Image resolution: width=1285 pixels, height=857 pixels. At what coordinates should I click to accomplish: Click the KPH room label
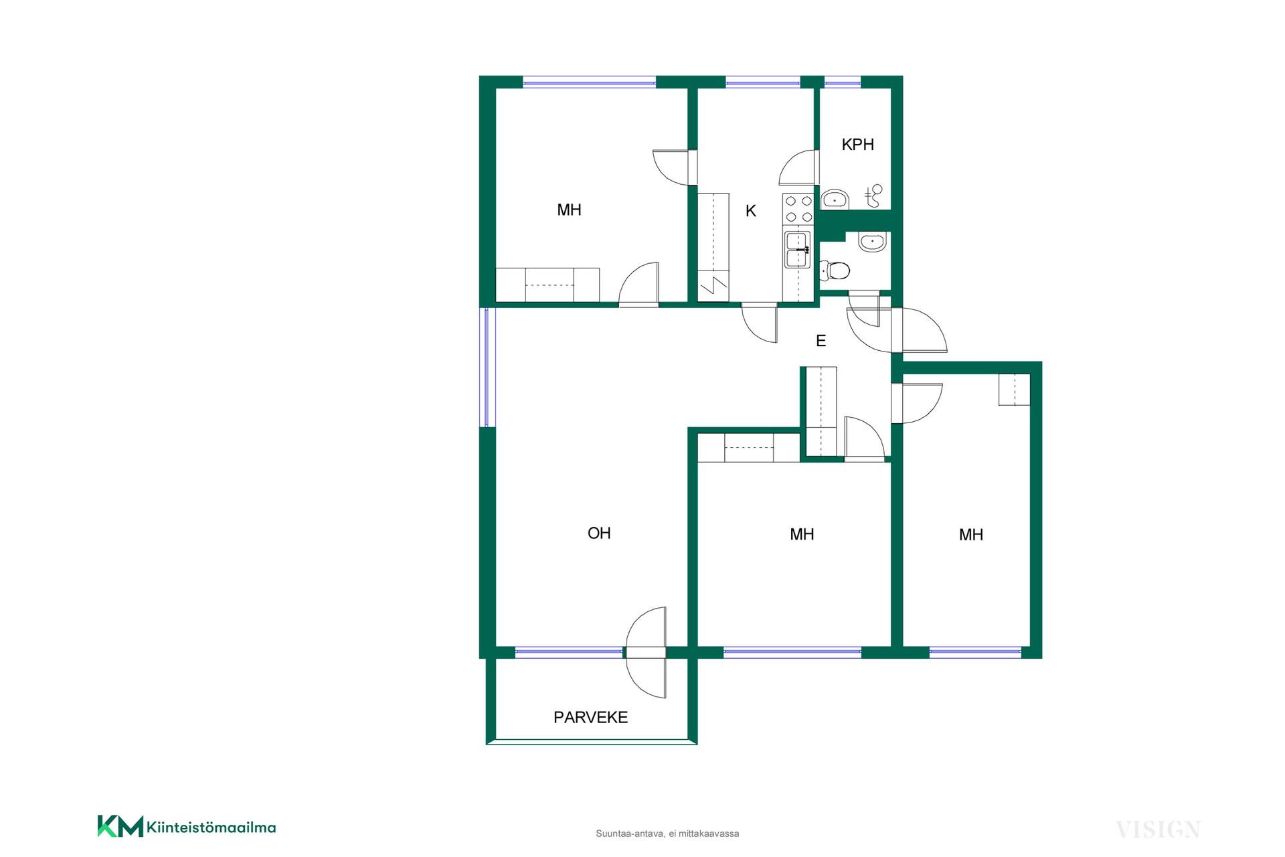tap(857, 145)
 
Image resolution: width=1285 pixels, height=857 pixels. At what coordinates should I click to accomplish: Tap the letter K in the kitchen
tap(751, 211)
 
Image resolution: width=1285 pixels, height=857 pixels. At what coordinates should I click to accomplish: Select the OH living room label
tap(599, 533)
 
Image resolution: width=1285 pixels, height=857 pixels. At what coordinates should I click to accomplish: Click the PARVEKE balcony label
tap(590, 717)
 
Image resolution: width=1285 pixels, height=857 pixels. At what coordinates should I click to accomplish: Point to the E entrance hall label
tap(821, 341)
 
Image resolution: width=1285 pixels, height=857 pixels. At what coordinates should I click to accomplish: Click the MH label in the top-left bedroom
tap(569, 210)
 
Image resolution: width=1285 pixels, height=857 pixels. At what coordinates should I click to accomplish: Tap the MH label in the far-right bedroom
tap(971, 534)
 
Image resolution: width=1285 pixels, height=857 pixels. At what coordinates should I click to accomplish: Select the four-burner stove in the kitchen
tap(798, 208)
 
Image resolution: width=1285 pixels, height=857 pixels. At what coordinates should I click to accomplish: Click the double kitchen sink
tap(797, 249)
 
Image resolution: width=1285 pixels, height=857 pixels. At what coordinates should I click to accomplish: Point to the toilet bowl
tap(835, 270)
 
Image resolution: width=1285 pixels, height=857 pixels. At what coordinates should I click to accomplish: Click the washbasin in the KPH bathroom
tap(835, 200)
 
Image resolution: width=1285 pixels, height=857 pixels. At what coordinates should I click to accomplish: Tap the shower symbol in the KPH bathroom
tap(874, 196)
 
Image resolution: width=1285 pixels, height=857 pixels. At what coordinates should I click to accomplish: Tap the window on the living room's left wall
tap(488, 367)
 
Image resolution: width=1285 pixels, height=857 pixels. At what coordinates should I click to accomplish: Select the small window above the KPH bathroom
tap(842, 84)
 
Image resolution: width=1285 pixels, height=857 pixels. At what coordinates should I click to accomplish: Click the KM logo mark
tap(120, 826)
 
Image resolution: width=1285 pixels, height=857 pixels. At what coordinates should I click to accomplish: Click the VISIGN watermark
tap(1158, 830)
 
